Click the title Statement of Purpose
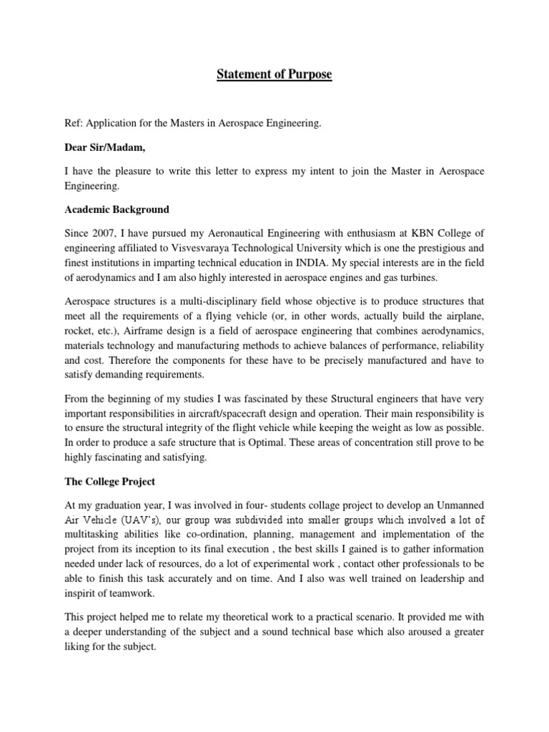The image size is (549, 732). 274,74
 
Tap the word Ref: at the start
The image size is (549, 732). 75,124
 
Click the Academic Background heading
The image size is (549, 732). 117,209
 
